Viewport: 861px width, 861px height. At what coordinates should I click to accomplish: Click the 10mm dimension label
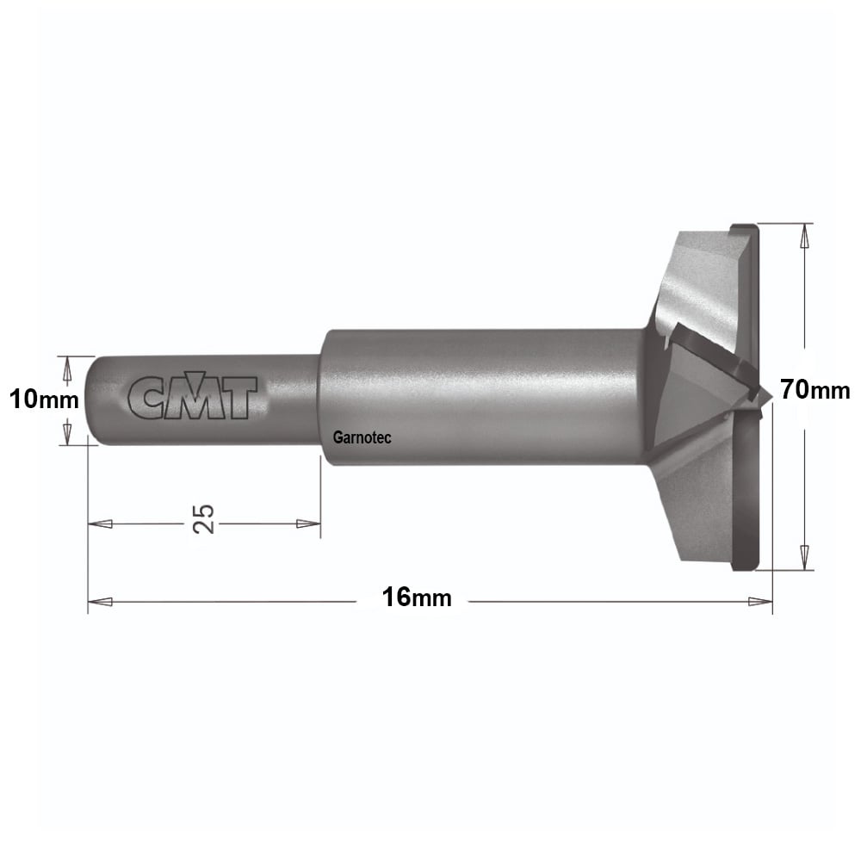click(x=44, y=400)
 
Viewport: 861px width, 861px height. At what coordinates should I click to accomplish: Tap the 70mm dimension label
click(x=815, y=390)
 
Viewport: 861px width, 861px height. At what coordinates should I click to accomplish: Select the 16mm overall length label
click(x=417, y=598)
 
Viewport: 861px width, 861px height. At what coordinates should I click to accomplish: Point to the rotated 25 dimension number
click(x=203, y=518)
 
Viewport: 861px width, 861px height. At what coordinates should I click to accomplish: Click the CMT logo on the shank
click(x=192, y=395)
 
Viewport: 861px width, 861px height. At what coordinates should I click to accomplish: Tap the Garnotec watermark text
click(x=362, y=437)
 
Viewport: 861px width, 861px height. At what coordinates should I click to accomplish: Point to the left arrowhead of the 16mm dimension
click(x=100, y=602)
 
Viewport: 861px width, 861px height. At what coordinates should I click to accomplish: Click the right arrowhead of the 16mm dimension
click(x=760, y=602)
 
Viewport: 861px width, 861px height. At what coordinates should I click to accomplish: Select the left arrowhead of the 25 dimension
click(x=100, y=523)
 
